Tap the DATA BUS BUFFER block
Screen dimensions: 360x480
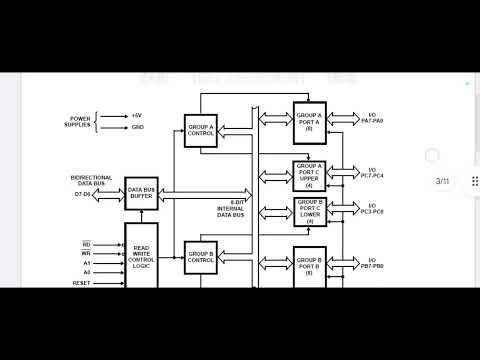point(141,193)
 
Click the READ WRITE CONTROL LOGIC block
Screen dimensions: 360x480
point(141,255)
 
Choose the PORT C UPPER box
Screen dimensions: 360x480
point(309,175)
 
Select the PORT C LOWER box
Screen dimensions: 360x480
point(309,212)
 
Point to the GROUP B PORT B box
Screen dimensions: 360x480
point(309,266)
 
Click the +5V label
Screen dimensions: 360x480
point(137,115)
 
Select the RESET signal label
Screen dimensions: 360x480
point(80,284)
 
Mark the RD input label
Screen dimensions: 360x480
point(86,244)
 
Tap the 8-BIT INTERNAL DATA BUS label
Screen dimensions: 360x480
point(231,211)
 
